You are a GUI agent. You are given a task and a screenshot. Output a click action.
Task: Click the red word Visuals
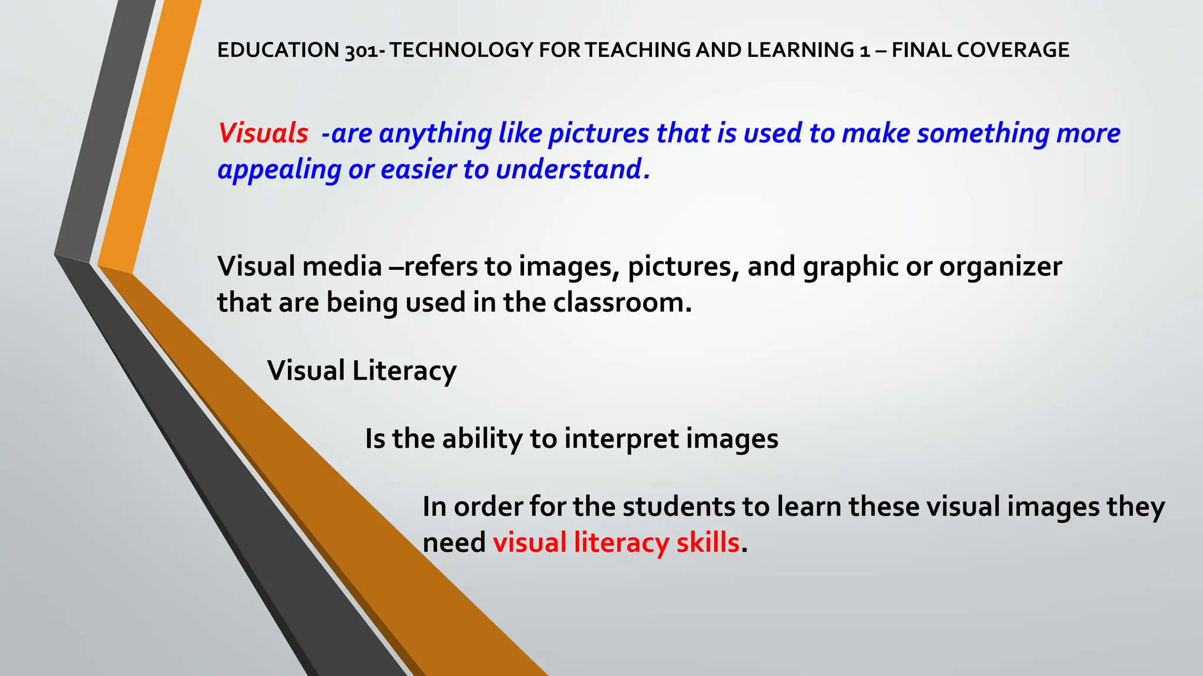click(263, 133)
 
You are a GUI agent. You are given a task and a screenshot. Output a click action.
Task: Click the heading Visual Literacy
click(362, 371)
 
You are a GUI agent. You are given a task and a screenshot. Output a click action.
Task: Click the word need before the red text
click(454, 543)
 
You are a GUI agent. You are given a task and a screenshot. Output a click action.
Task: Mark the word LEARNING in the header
click(800, 50)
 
